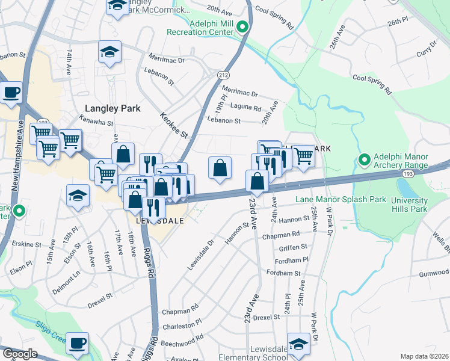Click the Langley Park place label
113,109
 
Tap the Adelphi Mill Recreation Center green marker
242,26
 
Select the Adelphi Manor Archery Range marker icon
364,160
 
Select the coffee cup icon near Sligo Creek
77,344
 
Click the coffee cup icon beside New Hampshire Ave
11,93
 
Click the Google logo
20,354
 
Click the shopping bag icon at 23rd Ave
257,180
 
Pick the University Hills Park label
409,205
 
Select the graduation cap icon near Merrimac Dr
110,52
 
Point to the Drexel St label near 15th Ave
100,297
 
